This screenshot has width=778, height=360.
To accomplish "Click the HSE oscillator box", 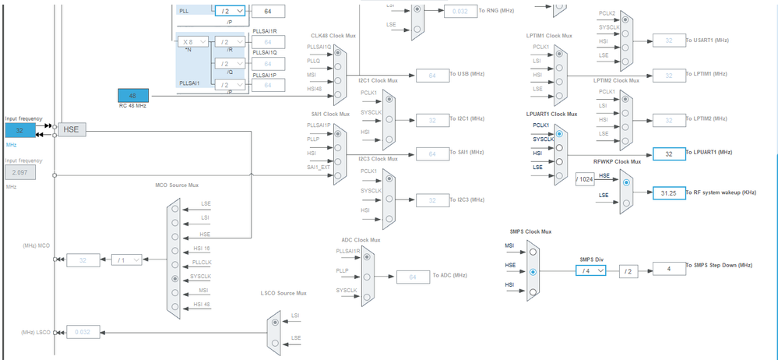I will coord(70,129).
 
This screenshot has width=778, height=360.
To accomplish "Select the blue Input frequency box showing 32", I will coord(20,130).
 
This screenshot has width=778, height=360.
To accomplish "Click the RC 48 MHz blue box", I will coord(132,95).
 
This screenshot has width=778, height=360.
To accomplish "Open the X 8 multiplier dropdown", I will coord(193,42).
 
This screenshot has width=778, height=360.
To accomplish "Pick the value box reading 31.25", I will coord(668,192).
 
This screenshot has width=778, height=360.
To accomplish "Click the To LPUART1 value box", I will coord(668,154).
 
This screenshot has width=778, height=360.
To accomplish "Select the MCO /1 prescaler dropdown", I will coord(126,259).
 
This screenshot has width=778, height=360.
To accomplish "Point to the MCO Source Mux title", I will coord(178,185).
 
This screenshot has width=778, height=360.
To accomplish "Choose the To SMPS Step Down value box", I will coord(668,270).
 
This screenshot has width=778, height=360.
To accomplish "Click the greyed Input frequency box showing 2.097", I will coord(20,171).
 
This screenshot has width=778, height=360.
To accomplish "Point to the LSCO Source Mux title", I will coord(284,293).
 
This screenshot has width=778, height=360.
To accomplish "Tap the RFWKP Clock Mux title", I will coord(617,161).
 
